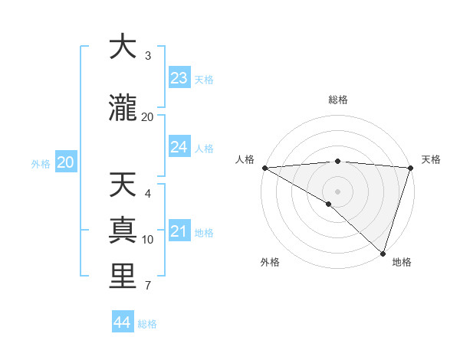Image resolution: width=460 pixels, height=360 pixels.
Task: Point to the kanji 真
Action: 123,231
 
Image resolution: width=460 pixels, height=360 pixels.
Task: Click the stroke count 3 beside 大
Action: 148,56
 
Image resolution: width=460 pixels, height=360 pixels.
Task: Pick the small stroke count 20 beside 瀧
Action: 148,117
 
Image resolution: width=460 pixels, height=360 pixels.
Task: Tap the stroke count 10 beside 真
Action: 148,240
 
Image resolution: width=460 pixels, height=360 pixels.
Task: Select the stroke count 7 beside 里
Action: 148,286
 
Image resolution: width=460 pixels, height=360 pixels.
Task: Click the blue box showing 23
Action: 179,78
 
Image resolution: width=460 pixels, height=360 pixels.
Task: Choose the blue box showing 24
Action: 179,147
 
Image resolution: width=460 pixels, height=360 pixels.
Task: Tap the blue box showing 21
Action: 179,231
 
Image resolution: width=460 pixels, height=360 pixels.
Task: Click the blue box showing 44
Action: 123,322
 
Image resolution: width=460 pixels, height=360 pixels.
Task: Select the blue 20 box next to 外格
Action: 66,162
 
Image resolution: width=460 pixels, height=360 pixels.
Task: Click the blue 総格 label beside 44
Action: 148,324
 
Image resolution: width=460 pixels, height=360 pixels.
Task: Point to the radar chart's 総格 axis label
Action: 338,100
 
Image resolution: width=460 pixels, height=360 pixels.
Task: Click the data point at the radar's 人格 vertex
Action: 264,168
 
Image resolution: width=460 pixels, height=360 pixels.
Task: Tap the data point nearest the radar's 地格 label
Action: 383,254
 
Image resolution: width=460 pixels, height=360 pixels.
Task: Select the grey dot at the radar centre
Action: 337,191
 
